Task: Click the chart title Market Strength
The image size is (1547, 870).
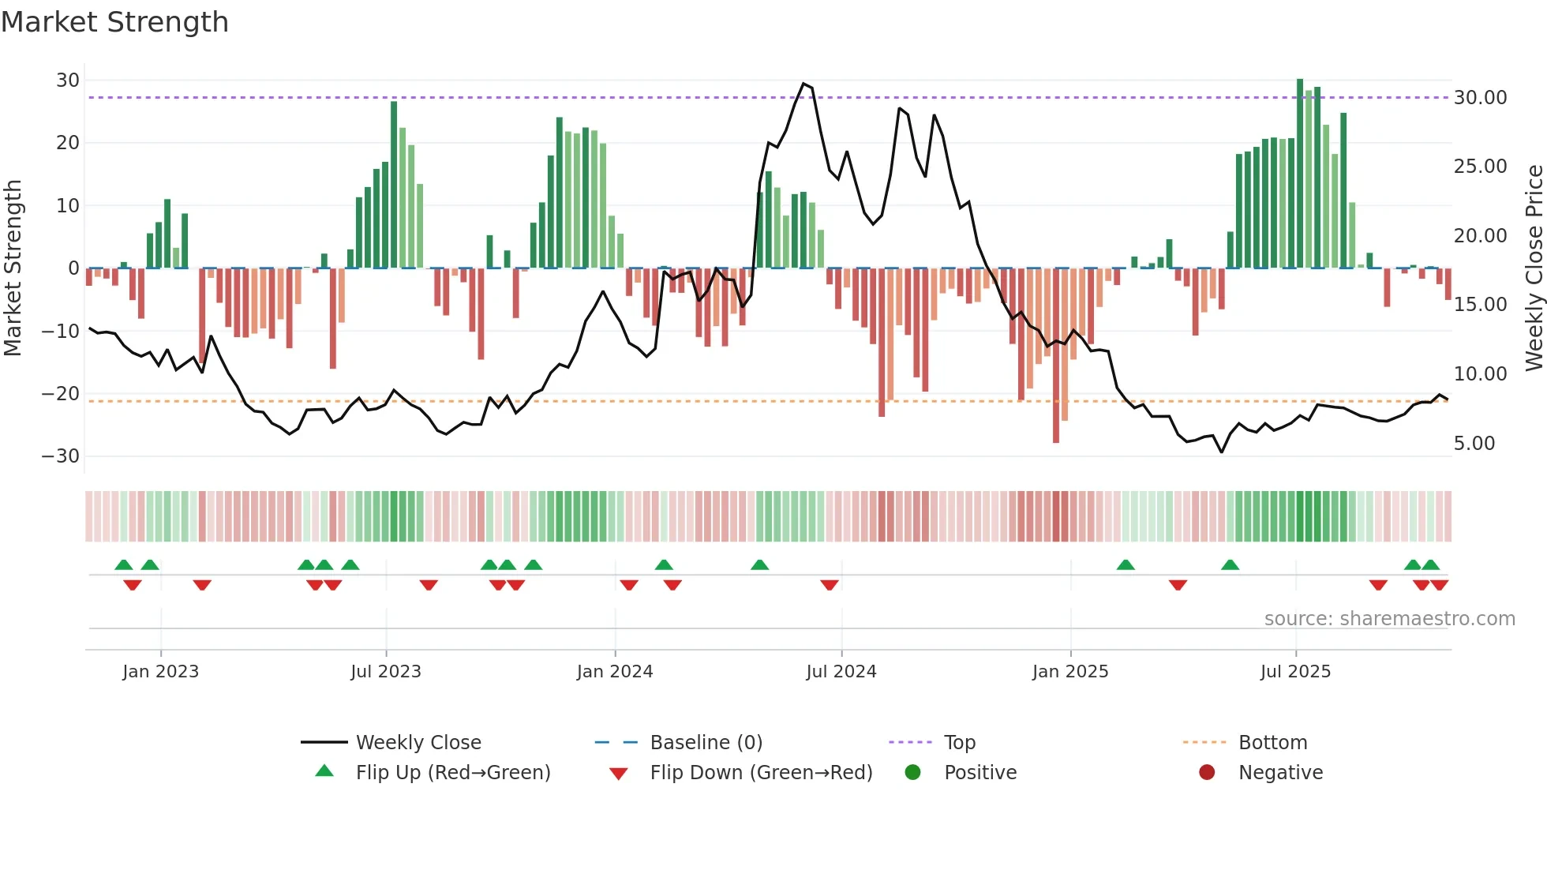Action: point(114,22)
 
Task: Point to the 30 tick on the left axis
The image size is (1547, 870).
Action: point(68,81)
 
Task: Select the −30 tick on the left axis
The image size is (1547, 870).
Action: point(61,456)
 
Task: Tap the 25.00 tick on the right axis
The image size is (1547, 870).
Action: point(1480,167)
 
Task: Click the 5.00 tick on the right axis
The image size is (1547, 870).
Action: point(1474,444)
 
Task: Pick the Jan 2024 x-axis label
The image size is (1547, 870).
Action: point(615,672)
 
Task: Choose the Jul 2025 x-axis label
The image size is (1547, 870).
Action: point(1295,672)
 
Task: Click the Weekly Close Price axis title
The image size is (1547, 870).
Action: point(1534,268)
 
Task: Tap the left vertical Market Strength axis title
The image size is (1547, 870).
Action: point(13,268)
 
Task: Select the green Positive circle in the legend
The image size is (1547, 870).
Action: point(912,773)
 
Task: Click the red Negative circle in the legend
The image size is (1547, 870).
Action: point(1207,773)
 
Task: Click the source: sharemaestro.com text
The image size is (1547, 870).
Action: point(1389,619)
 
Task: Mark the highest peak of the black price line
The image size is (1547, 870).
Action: point(803,84)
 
